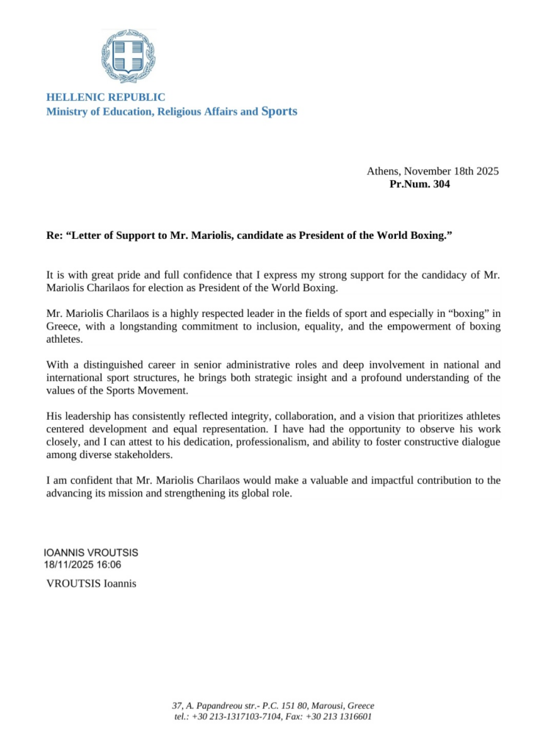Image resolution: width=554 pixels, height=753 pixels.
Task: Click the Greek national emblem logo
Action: [x=128, y=56]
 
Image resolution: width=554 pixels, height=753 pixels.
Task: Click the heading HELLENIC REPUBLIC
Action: [x=106, y=97]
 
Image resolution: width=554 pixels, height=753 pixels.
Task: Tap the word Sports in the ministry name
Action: [x=279, y=112]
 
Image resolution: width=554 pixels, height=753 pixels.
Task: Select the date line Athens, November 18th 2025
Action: [x=433, y=171]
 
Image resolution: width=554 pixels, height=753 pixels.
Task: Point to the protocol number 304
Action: [x=441, y=185]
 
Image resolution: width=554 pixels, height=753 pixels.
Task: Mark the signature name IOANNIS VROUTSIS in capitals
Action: [x=91, y=552]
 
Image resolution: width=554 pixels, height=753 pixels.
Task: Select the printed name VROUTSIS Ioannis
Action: [x=91, y=585]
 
